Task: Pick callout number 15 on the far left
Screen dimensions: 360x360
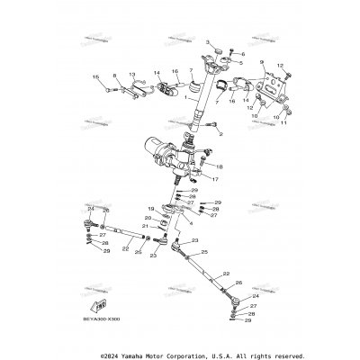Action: (x=94, y=78)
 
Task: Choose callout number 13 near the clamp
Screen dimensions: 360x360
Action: (x=131, y=75)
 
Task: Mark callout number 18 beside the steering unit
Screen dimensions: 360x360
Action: (x=221, y=167)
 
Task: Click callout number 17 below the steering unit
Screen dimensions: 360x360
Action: (x=214, y=179)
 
